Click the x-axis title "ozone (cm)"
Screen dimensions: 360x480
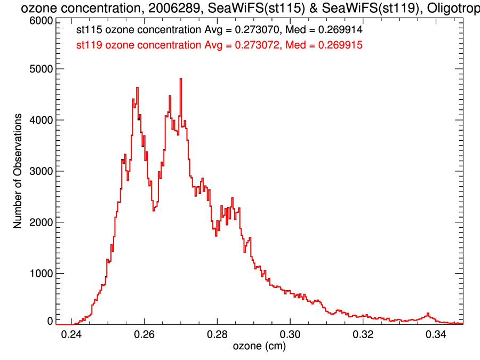(260, 347)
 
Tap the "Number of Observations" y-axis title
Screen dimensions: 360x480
(18, 171)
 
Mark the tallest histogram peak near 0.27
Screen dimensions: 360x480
(181, 79)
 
